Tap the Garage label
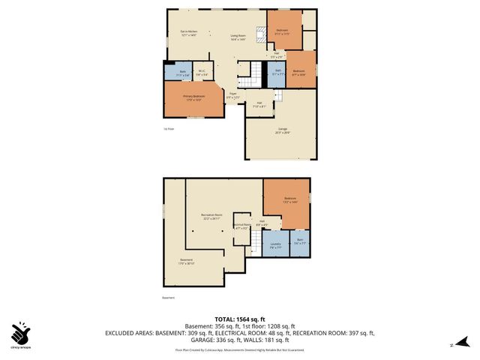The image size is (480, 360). coord(283,130)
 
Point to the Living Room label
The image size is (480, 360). coord(239,37)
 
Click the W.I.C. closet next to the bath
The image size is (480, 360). coord(202,73)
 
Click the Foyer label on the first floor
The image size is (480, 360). coord(233,95)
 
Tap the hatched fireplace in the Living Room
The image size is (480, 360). coord(262,34)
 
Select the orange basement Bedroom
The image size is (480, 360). coord(286,202)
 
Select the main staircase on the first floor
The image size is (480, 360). coord(255,75)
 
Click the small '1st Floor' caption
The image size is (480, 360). coord(169,129)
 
